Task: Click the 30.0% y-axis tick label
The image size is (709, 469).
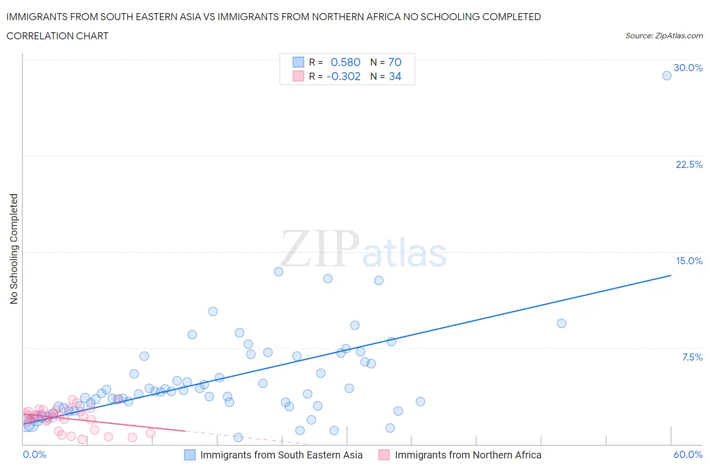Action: pyautogui.click(x=688, y=68)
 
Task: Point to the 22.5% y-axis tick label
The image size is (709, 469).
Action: pyautogui.click(x=689, y=164)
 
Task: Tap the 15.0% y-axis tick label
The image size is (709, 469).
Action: pyautogui.click(x=689, y=261)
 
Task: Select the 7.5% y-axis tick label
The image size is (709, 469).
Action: pyautogui.click(x=692, y=357)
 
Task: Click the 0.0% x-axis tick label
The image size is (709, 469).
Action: pyautogui.click(x=34, y=454)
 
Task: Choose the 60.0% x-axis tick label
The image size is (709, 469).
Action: pyautogui.click(x=688, y=454)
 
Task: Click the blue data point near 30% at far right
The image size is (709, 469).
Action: pyautogui.click(x=667, y=76)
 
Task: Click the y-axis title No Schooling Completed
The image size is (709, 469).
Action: pyautogui.click(x=14, y=249)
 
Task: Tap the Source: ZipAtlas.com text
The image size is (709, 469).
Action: pyautogui.click(x=664, y=36)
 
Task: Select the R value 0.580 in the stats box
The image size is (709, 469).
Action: pyautogui.click(x=345, y=62)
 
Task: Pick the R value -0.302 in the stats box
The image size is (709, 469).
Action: pyautogui.click(x=343, y=76)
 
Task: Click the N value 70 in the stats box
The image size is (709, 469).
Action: pyautogui.click(x=395, y=62)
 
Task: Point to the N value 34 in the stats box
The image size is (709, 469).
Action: pyautogui.click(x=395, y=76)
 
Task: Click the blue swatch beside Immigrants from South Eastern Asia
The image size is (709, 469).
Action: pyautogui.click(x=190, y=455)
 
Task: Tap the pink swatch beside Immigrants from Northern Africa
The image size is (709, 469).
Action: pyautogui.click(x=384, y=455)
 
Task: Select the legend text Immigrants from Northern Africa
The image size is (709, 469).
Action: pyautogui.click(x=468, y=455)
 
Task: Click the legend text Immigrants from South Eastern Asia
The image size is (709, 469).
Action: pyautogui.click(x=281, y=455)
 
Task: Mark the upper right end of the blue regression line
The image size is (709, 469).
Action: pyautogui.click(x=671, y=275)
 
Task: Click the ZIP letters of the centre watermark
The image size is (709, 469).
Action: pyautogui.click(x=320, y=249)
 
